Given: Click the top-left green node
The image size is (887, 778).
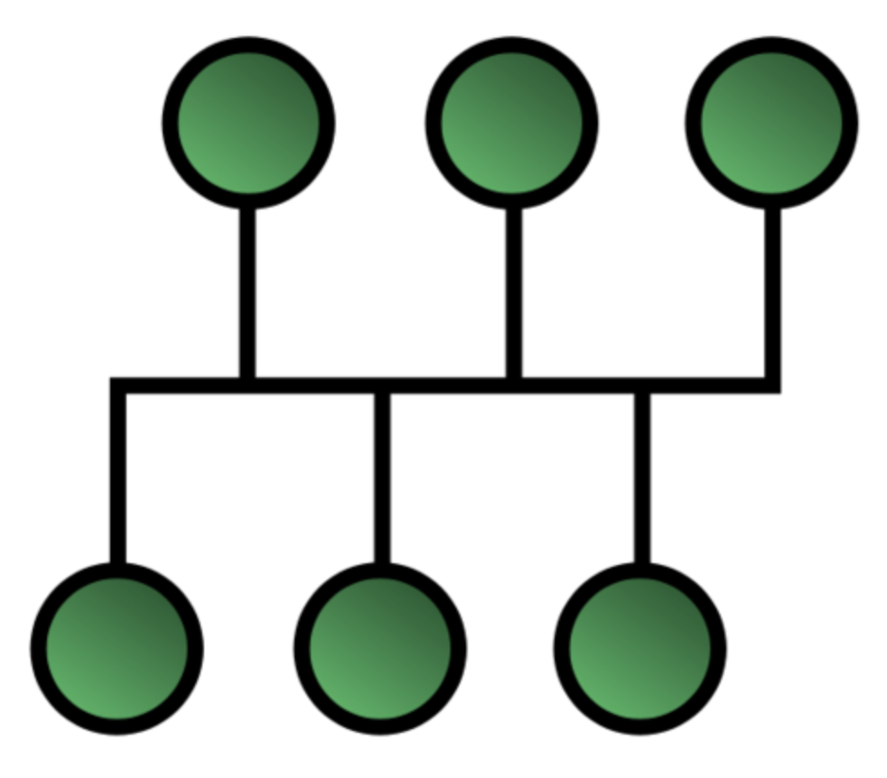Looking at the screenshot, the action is tap(248, 123).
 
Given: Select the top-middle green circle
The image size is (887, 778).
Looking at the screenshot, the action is tap(511, 123).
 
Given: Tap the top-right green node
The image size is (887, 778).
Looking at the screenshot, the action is tap(771, 123).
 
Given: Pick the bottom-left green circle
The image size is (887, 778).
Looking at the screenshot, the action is tap(117, 648).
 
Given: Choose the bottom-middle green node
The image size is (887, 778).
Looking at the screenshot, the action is tap(380, 648).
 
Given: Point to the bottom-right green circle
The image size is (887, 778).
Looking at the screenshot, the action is tap(640, 648).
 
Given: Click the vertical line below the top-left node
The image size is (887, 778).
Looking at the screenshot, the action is tap(247, 293).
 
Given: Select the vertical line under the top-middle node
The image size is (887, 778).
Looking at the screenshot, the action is tap(513, 293).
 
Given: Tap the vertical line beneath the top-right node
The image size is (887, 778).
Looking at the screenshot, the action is tap(772, 293).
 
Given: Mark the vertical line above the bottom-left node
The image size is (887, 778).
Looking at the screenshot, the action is tap(117, 478).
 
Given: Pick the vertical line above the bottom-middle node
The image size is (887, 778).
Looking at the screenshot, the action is tap(382, 478).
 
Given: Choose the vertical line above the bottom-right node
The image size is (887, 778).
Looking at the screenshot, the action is tap(641, 478).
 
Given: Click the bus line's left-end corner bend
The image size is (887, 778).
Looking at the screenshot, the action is tap(117, 386).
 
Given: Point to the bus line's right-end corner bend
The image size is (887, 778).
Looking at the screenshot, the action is tap(772, 386).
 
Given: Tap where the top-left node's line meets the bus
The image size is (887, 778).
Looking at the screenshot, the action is tap(247, 386).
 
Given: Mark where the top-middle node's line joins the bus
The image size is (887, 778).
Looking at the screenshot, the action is tap(513, 386).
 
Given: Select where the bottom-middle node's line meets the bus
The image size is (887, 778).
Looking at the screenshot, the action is tap(382, 386).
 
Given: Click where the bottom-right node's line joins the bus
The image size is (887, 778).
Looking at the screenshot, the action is tap(641, 386).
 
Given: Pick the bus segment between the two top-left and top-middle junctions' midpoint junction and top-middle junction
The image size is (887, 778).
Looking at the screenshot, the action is tap(448, 386).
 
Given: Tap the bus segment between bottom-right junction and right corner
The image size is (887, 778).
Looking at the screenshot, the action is tap(707, 386).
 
